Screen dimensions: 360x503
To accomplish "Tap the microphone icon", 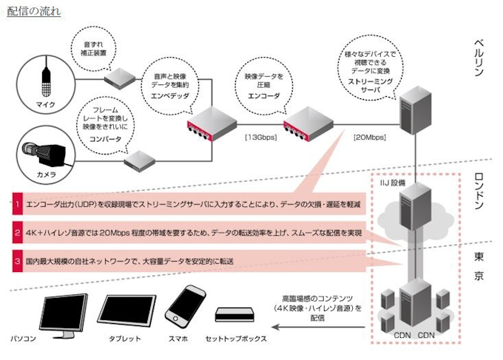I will pos(46,81).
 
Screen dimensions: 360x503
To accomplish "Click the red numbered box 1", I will pos(16,203).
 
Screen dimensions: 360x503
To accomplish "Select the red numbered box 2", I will pos(16,233).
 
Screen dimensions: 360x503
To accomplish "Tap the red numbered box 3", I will pos(16,262).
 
